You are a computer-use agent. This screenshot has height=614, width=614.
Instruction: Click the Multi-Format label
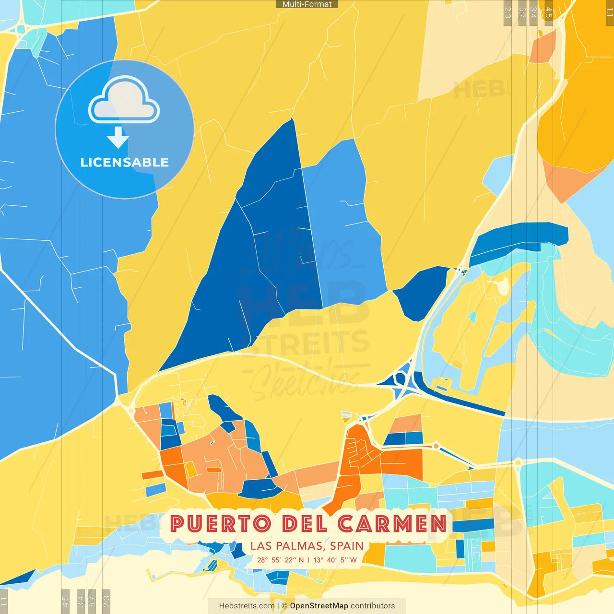307,4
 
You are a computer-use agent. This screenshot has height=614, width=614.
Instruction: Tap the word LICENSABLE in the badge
124,163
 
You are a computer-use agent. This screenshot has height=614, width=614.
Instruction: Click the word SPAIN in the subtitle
346,546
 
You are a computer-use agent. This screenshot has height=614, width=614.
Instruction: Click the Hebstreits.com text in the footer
247,606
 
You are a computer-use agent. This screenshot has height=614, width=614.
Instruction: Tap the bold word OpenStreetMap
319,606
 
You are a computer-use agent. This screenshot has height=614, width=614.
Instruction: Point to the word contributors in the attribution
373,606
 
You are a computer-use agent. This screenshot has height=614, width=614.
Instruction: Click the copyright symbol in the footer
284,606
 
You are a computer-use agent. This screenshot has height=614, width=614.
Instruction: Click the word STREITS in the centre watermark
307,343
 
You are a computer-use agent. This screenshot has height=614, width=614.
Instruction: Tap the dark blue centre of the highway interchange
401,381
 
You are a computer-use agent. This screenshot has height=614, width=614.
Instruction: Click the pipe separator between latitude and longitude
308,560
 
